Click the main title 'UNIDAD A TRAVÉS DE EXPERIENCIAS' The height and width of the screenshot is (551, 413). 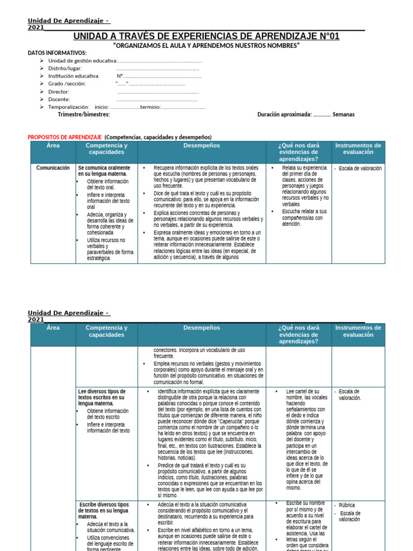tap(206, 37)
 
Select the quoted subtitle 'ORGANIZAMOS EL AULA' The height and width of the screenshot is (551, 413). tap(206, 46)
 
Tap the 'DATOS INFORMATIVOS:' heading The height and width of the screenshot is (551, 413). tap(56, 53)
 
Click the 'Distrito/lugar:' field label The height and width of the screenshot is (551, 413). tap(65, 68)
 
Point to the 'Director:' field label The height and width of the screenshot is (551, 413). tap(59, 91)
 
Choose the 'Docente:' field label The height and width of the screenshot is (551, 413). tap(59, 100)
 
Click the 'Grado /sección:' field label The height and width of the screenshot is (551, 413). tap(66, 84)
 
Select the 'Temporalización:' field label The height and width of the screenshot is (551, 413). tap(69, 107)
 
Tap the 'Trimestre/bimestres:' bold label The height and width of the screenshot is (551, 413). tap(83, 115)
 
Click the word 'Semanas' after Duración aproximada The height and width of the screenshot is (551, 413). tap(343, 115)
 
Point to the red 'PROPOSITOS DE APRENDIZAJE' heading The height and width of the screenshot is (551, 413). tap(65, 137)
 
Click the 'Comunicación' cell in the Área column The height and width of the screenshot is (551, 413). tap(53, 168)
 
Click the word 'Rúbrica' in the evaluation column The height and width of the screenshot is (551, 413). tap(347, 505)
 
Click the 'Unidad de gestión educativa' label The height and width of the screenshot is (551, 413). tap(82, 61)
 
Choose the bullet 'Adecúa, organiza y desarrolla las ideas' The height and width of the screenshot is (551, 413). tap(106, 221)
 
